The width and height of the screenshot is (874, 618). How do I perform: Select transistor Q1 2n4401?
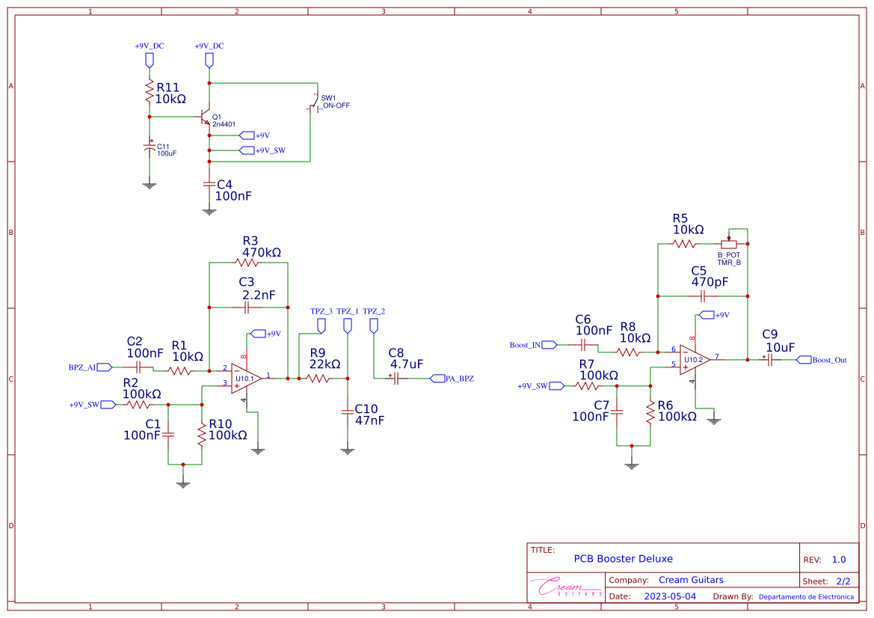coord(206,118)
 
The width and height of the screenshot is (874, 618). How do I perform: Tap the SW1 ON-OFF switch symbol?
coord(316,106)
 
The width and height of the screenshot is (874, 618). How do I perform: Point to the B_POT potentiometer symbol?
coord(729,244)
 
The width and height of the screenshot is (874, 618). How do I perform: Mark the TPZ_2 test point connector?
coord(374,325)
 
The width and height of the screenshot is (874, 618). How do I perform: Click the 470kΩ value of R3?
coord(262,253)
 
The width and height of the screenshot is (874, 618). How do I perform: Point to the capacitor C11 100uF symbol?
coord(150,149)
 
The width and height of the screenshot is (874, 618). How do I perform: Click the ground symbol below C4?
coord(209,212)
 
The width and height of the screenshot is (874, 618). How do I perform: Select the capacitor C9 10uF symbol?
coord(769,360)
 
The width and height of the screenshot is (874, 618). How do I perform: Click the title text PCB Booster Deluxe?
coord(623,559)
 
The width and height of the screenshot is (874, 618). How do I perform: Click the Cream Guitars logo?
coord(566,587)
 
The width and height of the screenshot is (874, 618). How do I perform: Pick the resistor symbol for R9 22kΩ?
coord(318,379)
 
